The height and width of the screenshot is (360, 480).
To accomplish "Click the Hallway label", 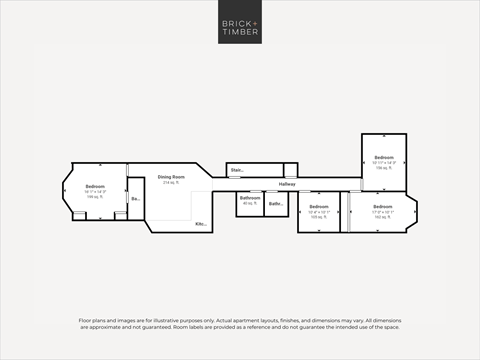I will tap(287, 184).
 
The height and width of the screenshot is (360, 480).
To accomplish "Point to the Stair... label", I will tap(237, 170).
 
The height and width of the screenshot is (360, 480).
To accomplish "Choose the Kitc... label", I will tap(200, 223).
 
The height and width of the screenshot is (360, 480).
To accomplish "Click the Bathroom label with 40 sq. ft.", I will tap(249, 198).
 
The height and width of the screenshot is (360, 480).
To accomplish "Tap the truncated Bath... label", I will tap(275, 205).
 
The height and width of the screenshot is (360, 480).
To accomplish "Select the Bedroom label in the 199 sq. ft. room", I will tap(95, 187).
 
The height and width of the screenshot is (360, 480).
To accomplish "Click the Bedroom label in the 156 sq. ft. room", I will tap(384, 158).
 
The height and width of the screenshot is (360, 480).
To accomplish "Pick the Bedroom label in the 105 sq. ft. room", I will tap(319, 206).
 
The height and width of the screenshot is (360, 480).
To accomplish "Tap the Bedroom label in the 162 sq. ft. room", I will tap(384, 206).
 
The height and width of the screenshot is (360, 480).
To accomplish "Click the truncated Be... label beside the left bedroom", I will tap(135, 199).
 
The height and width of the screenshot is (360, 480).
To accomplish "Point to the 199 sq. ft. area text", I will tap(95, 198).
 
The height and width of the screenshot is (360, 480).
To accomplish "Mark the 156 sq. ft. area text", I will tap(384, 169).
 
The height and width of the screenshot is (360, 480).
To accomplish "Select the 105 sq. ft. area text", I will tap(319, 217).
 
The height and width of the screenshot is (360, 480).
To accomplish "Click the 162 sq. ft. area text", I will tap(384, 217).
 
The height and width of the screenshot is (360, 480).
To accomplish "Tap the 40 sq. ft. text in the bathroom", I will tap(249, 204).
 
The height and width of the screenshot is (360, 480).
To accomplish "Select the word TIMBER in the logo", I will tap(240, 33).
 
